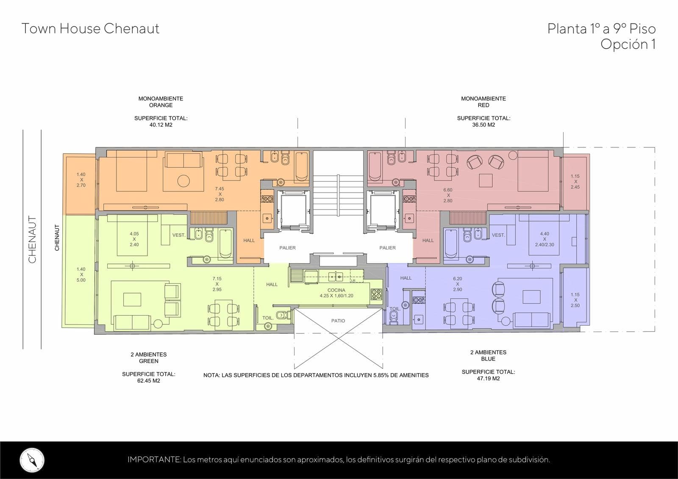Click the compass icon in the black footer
click(x=32, y=460)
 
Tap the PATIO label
click(x=338, y=321)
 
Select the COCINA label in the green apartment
click(x=336, y=290)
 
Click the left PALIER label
click(x=287, y=248)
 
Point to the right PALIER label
click(x=387, y=248)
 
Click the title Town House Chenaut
click(x=90, y=29)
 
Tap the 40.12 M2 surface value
click(x=161, y=125)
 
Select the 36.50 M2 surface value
click(x=483, y=125)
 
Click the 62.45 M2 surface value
click(x=149, y=381)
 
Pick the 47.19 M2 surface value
click(x=488, y=379)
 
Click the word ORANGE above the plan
click(x=161, y=105)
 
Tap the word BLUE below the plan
click(x=488, y=359)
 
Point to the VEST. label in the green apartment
click(x=178, y=235)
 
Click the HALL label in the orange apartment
click(x=249, y=241)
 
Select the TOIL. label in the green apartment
click(x=268, y=318)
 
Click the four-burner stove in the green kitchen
click(x=376, y=294)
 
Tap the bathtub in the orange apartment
click(x=301, y=167)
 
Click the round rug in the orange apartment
click(x=183, y=181)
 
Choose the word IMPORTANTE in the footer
click(x=154, y=460)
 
